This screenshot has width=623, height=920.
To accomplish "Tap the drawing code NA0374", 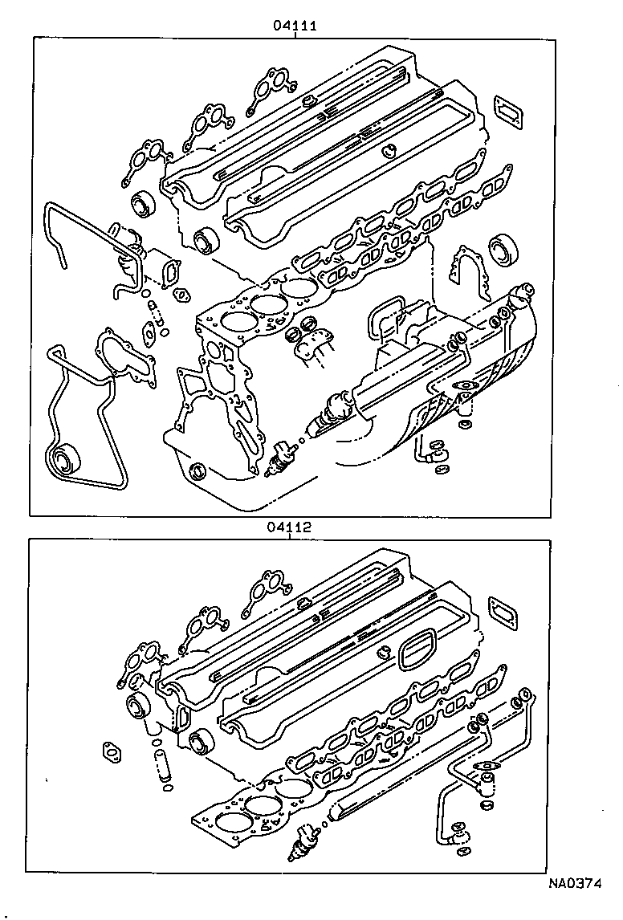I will [x=576, y=884].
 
